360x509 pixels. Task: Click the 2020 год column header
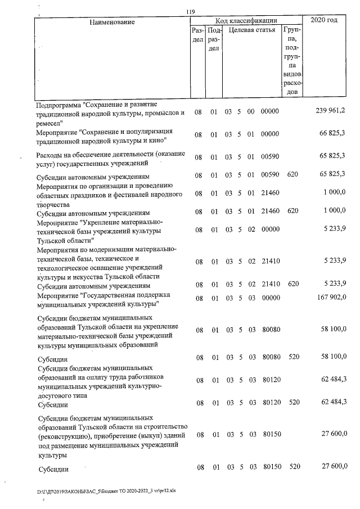pos(327,21)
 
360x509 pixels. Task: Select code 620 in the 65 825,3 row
pos(292,176)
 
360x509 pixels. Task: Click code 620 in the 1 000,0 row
pos(292,213)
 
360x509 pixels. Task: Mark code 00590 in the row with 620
pos(270,176)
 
